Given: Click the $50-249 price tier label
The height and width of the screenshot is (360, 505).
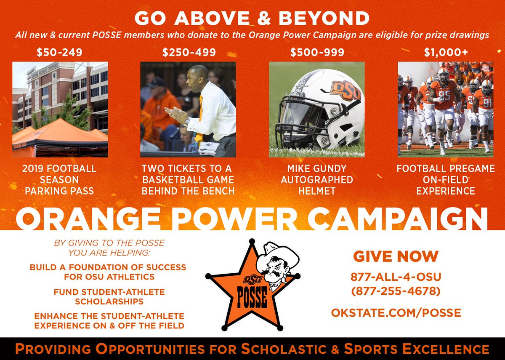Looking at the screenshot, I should (59, 53).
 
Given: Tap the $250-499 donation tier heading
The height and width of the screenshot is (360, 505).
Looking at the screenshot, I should (189, 53).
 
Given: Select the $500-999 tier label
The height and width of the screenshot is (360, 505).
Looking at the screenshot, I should (317, 53).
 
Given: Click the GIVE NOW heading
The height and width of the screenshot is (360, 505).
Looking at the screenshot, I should (396, 256).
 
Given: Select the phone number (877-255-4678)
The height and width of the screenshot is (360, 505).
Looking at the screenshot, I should (396, 291).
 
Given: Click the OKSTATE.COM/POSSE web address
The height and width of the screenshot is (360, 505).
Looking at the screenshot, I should (396, 313).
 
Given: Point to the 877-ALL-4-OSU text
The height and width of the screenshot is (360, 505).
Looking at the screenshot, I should (396, 277).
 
